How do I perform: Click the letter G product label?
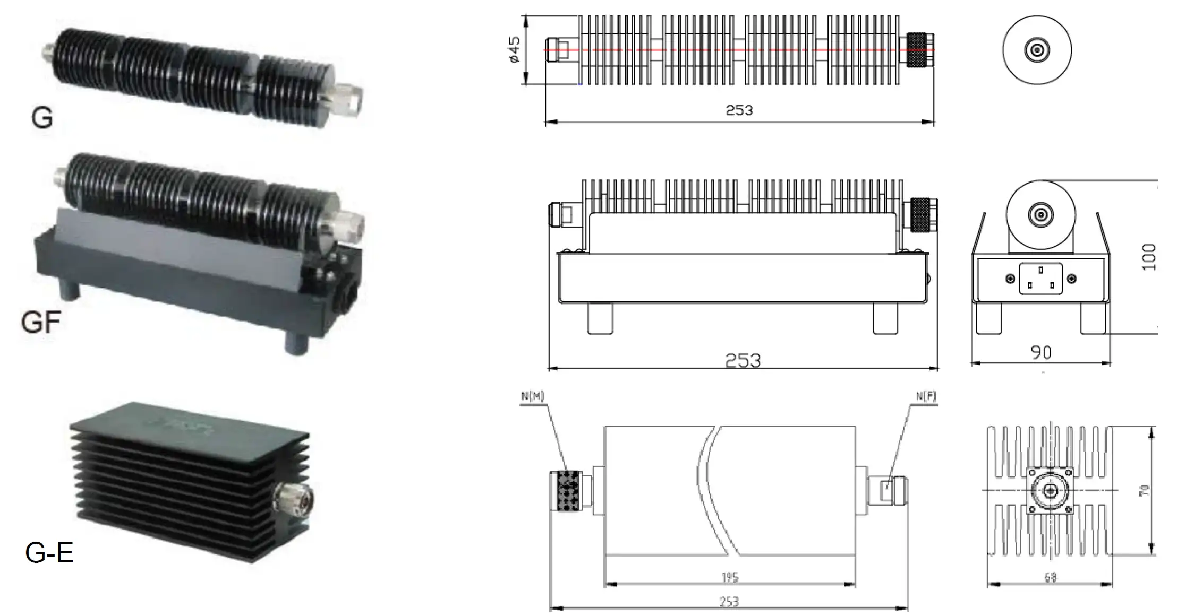coord(42,117)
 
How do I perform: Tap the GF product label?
coord(41,322)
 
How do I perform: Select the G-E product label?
coord(49,553)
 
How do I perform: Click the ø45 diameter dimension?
coord(514,50)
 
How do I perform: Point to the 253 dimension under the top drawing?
coord(739,110)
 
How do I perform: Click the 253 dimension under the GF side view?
coord(743,361)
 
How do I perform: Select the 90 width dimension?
coord(1040,352)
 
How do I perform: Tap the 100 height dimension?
coord(1149,257)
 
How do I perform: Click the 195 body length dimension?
coord(730,577)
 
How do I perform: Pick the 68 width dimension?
coord(1050,578)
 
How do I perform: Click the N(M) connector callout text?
coord(532,396)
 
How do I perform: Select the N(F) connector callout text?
coord(926,396)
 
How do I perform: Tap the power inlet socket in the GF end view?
coord(1040,279)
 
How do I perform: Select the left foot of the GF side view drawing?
coord(600,318)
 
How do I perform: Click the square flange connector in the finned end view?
coord(1050,491)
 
